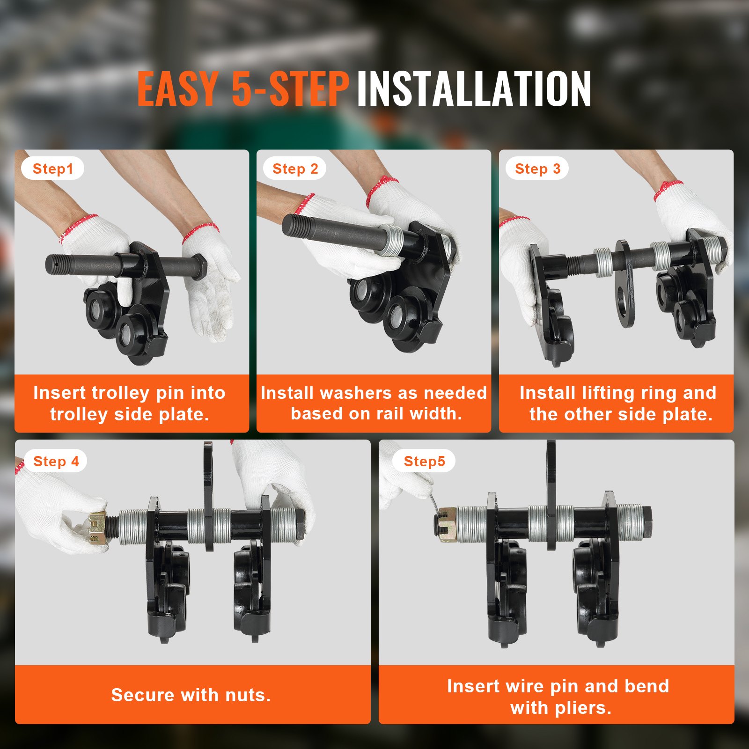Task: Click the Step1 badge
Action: [x=52, y=169]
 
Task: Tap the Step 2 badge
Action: [x=295, y=169]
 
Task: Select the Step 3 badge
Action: [x=537, y=169]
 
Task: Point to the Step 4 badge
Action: [x=56, y=461]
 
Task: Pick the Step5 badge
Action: [x=424, y=461]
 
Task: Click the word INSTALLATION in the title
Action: [x=474, y=88]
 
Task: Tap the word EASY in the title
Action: [x=177, y=88]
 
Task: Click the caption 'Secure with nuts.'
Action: [x=191, y=695]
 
